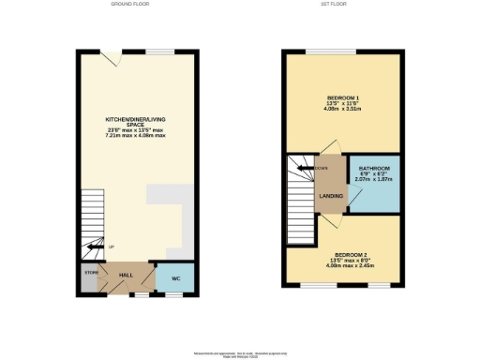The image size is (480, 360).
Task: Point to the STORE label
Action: pyautogui.click(x=91, y=273)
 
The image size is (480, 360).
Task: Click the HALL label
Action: pyautogui.click(x=126, y=274)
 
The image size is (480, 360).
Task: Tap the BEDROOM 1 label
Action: pyautogui.click(x=343, y=97)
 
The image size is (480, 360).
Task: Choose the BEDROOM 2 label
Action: pyautogui.click(x=346, y=255)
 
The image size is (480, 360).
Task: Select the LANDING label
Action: pyautogui.click(x=331, y=196)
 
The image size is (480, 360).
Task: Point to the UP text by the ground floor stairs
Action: pyautogui.click(x=112, y=247)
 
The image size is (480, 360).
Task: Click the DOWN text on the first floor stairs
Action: pyautogui.click(x=322, y=168)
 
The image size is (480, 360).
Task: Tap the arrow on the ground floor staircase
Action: pyautogui.click(x=92, y=247)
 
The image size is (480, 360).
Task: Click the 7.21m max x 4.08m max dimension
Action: pyautogui.click(x=135, y=136)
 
